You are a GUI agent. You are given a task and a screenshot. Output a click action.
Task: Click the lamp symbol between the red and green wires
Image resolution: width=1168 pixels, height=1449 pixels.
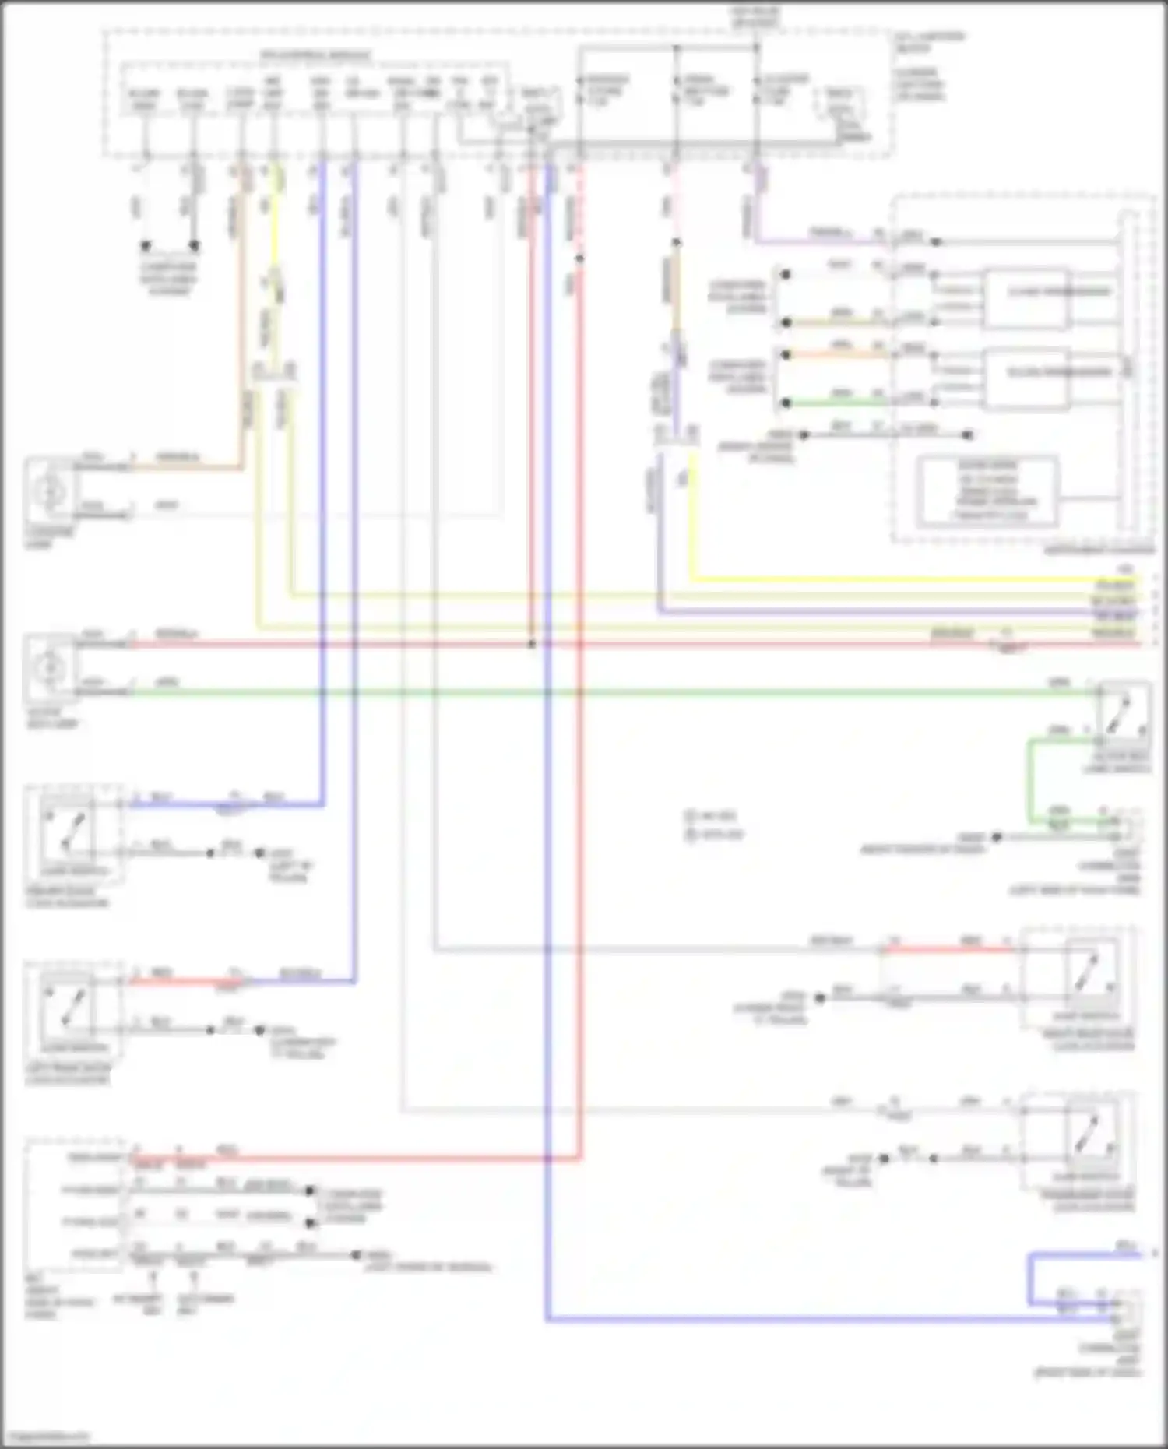point(50,667)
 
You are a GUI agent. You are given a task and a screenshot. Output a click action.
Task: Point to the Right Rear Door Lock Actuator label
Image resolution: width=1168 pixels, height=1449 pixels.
point(1093,1040)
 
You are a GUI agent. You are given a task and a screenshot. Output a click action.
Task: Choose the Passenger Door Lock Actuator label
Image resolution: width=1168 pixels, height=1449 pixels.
point(1093,1201)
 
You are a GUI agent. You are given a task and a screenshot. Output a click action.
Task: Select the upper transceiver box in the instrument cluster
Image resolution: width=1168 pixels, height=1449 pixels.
point(1026,298)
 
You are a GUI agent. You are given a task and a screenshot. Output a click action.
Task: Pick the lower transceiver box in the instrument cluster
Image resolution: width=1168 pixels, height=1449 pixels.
point(1026,379)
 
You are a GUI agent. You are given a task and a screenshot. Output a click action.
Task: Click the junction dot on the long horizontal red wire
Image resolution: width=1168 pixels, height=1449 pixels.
point(532,645)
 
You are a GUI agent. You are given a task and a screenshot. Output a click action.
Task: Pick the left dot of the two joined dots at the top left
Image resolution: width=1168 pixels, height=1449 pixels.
point(146,246)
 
